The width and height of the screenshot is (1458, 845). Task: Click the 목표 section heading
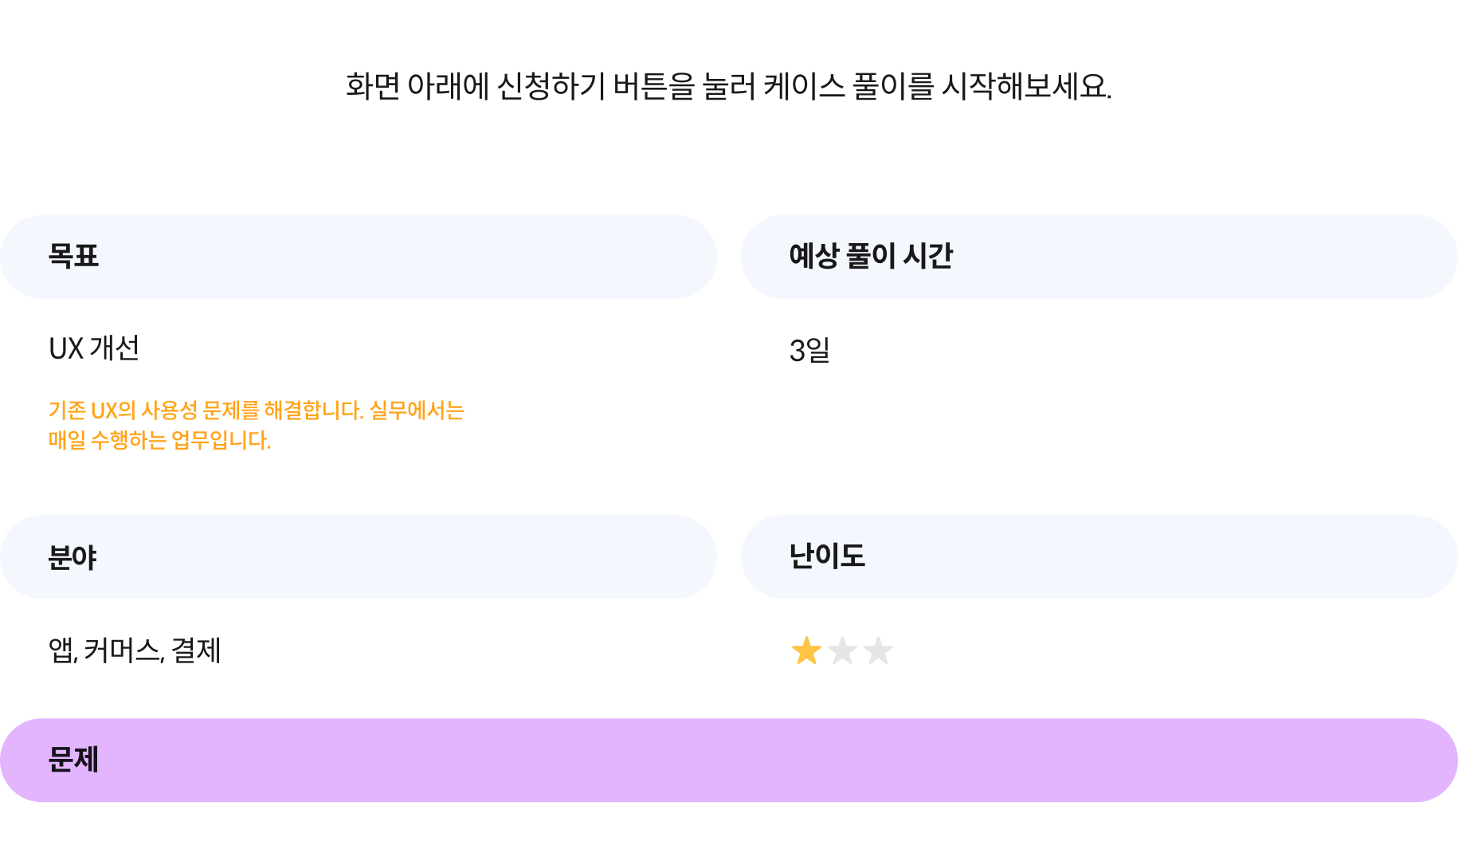coord(73,256)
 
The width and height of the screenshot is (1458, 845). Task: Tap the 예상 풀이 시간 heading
coord(871,256)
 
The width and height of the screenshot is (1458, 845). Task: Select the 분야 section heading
coord(73,557)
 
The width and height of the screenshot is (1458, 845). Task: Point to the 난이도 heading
coord(827,556)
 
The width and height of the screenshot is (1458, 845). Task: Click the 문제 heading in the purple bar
coord(73,760)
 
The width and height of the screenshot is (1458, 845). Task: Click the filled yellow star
coord(806,650)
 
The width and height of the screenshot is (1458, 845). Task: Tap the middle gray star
coord(842,650)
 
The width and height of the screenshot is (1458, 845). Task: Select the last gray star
coord(878,650)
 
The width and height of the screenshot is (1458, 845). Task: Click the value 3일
coord(809,350)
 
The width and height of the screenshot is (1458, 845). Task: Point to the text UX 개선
coord(94,348)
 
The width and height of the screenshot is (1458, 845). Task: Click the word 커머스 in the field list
coord(123,650)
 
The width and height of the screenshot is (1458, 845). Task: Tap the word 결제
coord(196,650)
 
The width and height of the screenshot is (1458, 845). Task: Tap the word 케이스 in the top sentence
coord(804,86)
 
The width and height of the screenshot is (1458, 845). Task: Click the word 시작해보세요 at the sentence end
coord(1026,86)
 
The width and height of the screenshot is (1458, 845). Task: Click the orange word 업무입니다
coord(221,440)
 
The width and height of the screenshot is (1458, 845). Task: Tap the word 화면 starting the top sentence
coord(372,86)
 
